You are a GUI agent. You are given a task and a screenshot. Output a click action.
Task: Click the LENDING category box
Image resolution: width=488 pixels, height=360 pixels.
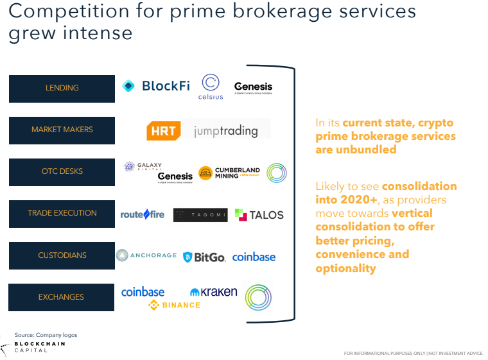coord(62,89)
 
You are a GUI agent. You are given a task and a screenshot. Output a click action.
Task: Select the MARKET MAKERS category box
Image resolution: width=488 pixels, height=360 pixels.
coord(62,130)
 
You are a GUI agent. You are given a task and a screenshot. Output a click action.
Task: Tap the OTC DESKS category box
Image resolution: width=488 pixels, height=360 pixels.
coord(62,172)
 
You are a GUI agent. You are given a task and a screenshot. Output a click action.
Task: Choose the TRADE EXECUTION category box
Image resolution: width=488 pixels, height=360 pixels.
coord(62,214)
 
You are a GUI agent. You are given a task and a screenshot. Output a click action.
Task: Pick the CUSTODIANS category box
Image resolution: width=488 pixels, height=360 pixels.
coord(62,255)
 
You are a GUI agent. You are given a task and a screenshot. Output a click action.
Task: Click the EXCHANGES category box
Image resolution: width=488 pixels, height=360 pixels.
coord(62,297)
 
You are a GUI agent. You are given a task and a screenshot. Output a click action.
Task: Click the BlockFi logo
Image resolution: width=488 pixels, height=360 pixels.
coord(156,86)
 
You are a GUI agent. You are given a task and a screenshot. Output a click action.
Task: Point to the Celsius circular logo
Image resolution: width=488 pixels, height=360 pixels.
coord(211,86)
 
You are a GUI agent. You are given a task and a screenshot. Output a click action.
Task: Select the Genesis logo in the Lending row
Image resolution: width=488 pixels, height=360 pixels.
coord(253,87)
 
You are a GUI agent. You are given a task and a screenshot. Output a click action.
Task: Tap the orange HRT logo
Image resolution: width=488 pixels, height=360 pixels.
coord(163,131)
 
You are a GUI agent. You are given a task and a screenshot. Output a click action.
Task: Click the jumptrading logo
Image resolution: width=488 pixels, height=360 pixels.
coord(225,131)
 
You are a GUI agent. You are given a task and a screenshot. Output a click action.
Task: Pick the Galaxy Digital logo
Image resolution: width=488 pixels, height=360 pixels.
coord(143,166)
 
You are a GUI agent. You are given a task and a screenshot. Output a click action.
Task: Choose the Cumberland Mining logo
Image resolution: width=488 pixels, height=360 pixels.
coord(229,173)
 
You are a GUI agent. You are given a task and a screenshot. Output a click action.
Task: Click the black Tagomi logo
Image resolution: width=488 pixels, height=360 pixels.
coord(200,215)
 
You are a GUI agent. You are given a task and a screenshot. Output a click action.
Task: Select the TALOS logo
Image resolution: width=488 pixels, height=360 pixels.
coord(259,215)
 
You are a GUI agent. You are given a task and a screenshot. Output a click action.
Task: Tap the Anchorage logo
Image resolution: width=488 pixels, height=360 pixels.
coord(146,255)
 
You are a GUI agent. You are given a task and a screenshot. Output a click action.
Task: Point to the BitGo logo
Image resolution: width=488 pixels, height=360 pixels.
coord(204,257)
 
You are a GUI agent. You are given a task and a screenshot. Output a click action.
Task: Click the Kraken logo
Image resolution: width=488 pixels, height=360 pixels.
coord(214,292)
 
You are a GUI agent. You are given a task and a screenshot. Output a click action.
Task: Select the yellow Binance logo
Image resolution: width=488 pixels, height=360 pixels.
coord(174,305)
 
